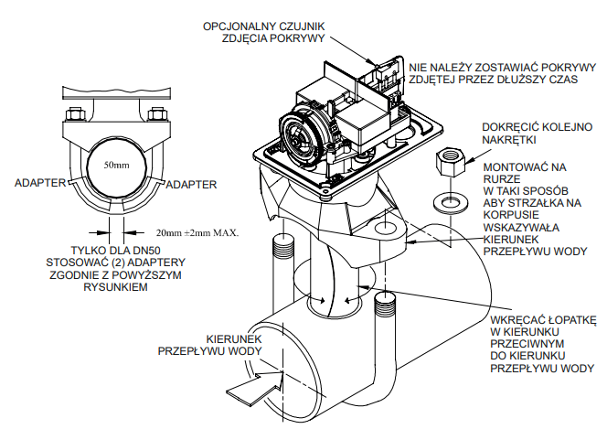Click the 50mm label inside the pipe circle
(116, 166)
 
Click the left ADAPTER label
(40, 183)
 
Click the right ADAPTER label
(191, 185)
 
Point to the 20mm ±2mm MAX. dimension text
(197, 233)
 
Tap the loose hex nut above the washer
(451, 161)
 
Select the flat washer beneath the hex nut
(451, 203)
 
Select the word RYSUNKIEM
(116, 287)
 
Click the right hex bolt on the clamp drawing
(158, 113)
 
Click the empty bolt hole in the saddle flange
(385, 227)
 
